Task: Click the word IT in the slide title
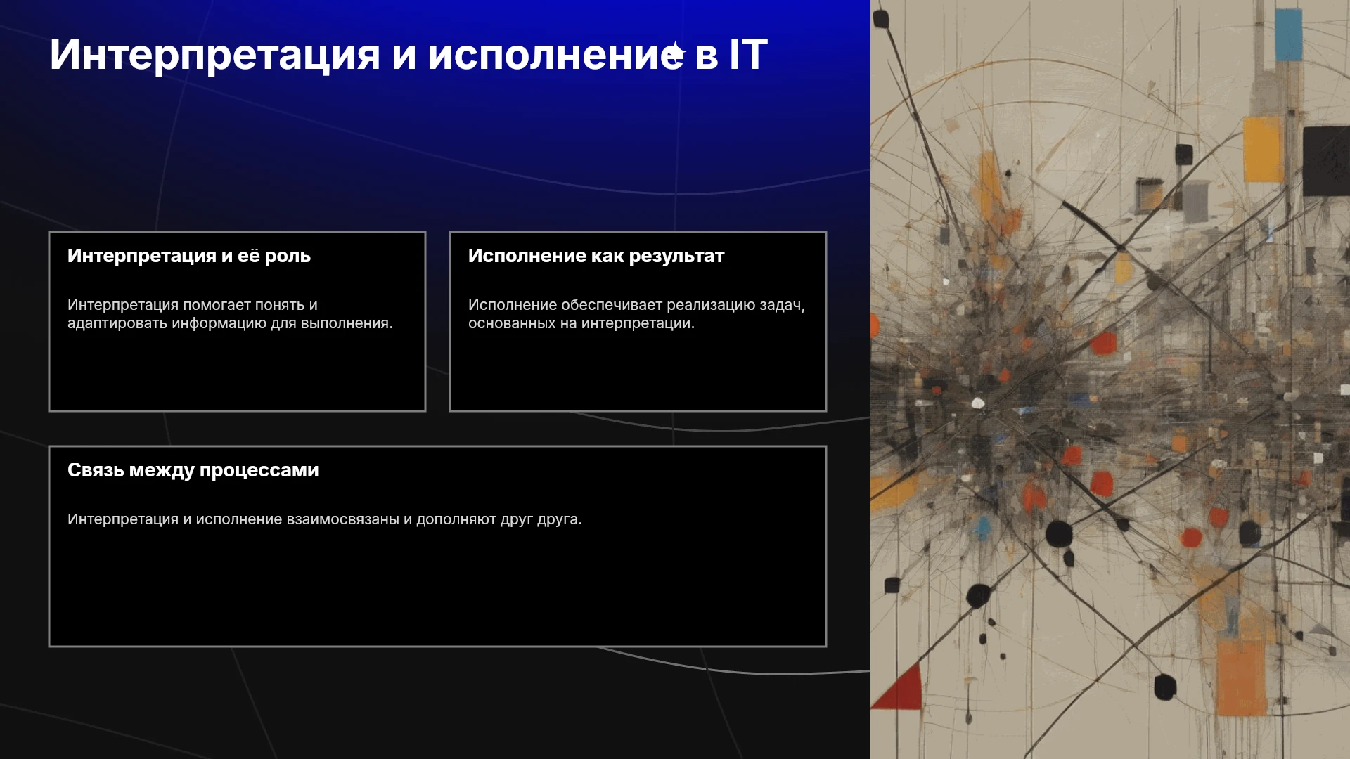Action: (x=748, y=55)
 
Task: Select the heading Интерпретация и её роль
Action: (x=189, y=256)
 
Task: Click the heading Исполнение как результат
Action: (x=596, y=256)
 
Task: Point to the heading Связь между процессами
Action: (x=193, y=470)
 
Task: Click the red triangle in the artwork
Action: (x=897, y=687)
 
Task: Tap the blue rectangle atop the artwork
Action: (x=1288, y=35)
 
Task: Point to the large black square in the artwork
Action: (x=1326, y=162)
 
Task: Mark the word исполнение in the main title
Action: (x=555, y=55)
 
